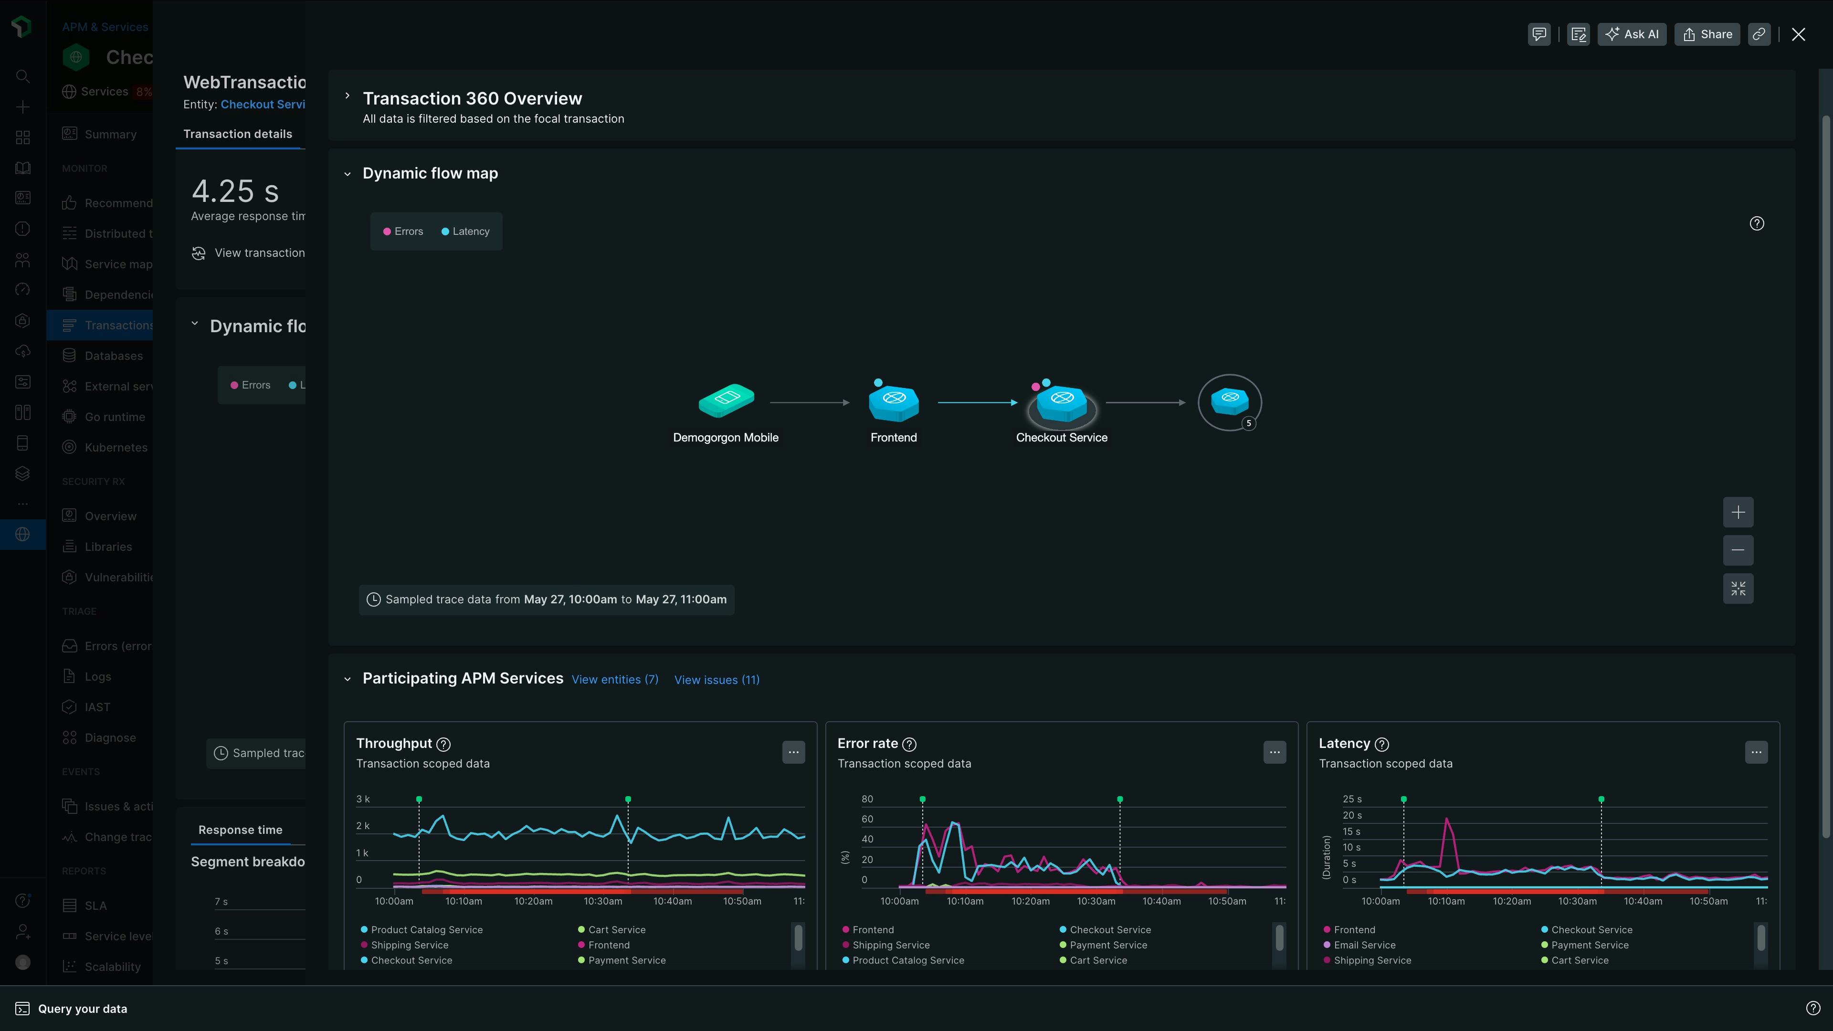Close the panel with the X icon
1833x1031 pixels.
1798,34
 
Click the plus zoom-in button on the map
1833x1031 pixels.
1738,512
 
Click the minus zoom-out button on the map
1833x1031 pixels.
1738,550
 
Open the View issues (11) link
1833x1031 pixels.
716,680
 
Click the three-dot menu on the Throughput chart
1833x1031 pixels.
793,752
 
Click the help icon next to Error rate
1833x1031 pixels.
909,744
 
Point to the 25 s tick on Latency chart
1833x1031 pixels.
1352,799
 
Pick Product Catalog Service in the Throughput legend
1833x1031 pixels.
426,930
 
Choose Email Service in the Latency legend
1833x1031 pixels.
1364,945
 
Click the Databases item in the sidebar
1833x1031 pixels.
113,356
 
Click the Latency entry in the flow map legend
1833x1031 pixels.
470,231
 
